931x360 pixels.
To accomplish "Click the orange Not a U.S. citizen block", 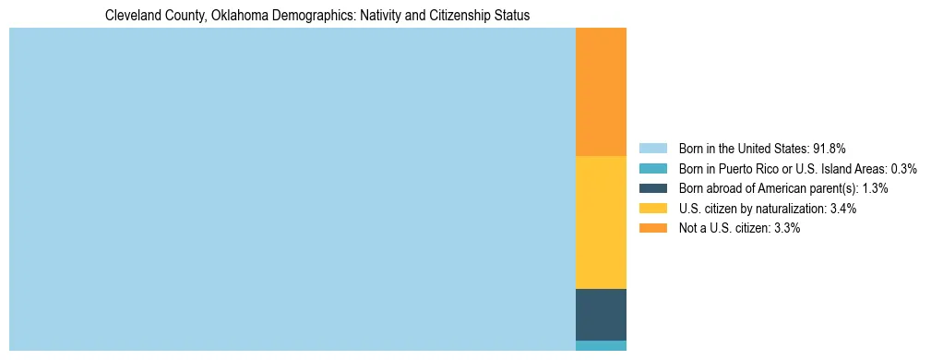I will (601, 92).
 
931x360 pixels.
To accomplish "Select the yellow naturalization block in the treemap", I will (601, 222).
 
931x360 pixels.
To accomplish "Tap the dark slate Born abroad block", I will (601, 314).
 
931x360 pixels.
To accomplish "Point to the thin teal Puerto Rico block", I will (601, 345).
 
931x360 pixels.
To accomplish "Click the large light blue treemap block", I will (292, 189).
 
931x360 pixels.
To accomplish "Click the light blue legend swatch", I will (652, 149).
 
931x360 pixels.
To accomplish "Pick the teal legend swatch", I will (652, 169).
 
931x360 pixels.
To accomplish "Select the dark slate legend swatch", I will (652, 188).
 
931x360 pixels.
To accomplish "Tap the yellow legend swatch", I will (652, 209).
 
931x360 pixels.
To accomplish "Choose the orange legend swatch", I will (652, 228).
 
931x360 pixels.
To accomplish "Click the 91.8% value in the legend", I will (829, 149).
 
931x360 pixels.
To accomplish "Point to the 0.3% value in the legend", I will (903, 169).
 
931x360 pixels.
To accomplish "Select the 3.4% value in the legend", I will (841, 209).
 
